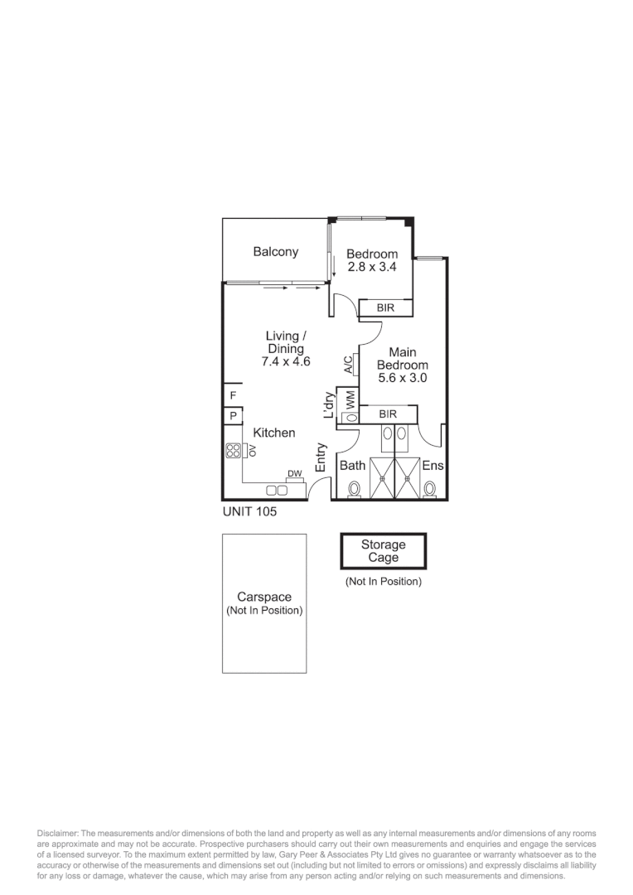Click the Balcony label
tap(276, 252)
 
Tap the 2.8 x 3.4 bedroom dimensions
tap(372, 267)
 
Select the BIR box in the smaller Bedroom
tap(384, 308)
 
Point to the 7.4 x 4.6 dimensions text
tap(286, 361)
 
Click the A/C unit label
tap(348, 364)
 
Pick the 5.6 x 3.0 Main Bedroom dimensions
tap(403, 378)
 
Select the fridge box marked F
tap(233, 395)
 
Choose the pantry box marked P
tap(233, 416)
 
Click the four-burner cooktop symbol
tap(234, 451)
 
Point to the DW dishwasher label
tap(294, 474)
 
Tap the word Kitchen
tap(274, 433)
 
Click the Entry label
tap(321, 458)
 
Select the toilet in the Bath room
tap(355, 489)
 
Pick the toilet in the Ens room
tap(429, 489)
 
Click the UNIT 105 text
tap(249, 512)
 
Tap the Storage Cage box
tap(383, 551)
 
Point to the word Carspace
tap(263, 597)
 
